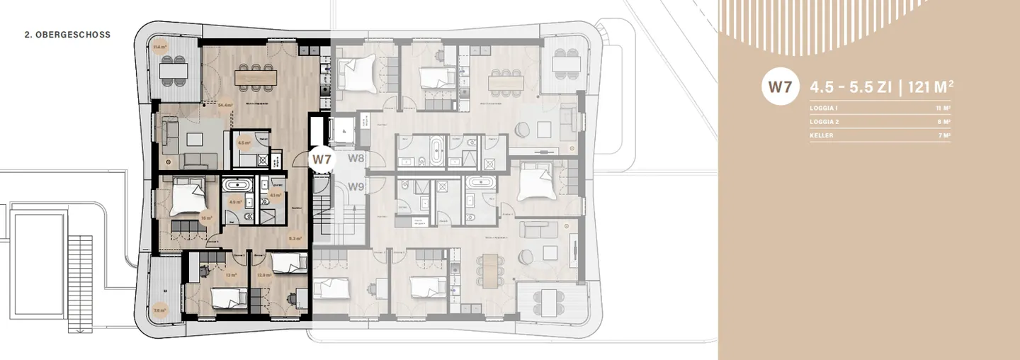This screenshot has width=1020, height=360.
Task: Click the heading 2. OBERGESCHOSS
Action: click(x=68, y=35)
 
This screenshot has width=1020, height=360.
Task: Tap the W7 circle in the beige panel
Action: click(x=780, y=88)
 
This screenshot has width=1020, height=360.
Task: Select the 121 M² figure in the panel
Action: click(x=920, y=88)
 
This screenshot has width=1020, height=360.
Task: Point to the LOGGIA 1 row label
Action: click(x=824, y=109)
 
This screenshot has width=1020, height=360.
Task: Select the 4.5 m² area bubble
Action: click(x=243, y=142)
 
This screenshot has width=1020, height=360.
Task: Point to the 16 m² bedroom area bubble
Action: click(x=207, y=218)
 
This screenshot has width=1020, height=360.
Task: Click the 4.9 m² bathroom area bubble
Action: click(x=234, y=202)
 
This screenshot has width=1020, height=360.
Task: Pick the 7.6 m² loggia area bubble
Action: click(x=160, y=310)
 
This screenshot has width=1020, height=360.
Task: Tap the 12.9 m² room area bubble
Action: click(x=263, y=275)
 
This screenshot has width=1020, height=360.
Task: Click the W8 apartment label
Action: click(x=356, y=159)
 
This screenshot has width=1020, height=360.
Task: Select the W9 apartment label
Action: click(x=356, y=187)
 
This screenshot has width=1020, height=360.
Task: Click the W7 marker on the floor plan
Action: click(x=322, y=159)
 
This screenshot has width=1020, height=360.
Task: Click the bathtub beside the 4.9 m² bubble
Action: click(x=236, y=186)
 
